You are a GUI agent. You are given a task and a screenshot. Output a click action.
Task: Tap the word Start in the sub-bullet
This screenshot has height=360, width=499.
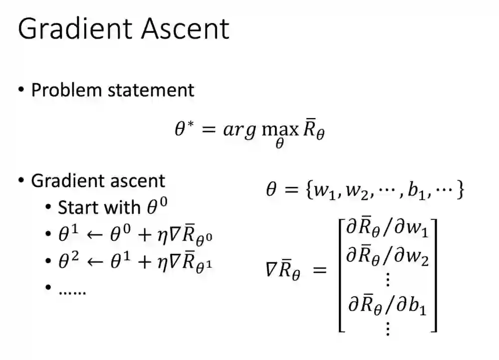point(79,207)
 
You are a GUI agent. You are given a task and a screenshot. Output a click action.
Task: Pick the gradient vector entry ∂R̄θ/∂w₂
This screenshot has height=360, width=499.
point(387,258)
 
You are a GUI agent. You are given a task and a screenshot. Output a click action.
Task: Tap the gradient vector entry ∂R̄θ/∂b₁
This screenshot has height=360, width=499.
point(387,305)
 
